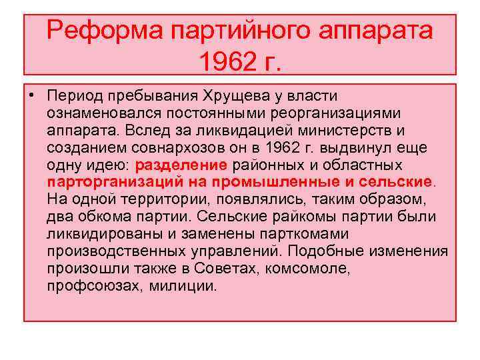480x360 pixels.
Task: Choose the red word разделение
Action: pyautogui.click(x=181, y=165)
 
